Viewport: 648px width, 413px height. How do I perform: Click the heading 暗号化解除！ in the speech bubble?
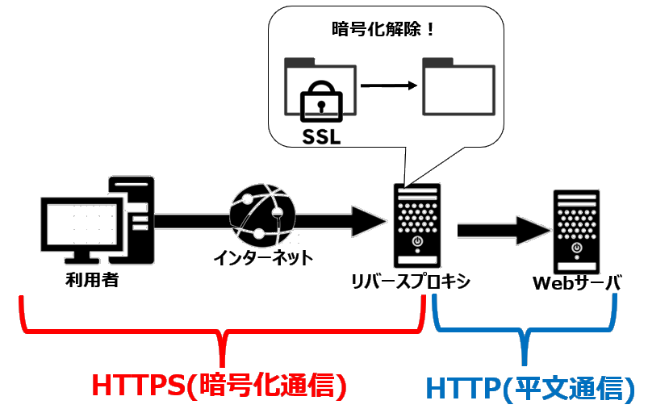(x=384, y=30)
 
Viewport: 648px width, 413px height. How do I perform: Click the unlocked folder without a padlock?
(x=459, y=88)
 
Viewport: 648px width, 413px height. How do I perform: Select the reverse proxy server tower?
(x=417, y=226)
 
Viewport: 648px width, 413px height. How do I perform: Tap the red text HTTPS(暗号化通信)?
(x=219, y=385)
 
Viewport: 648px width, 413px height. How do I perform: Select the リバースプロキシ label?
(x=410, y=283)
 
